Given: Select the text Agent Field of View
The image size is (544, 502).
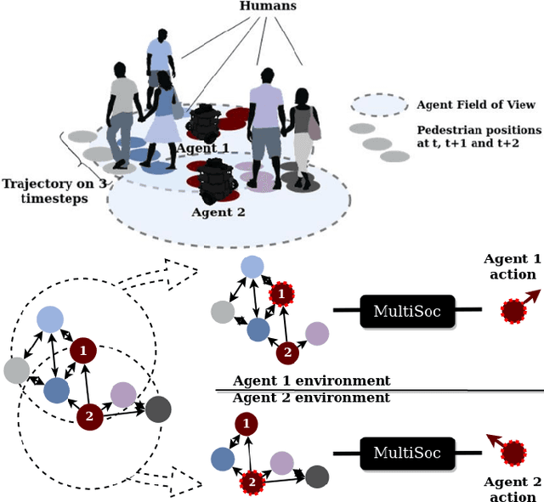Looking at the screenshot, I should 476,104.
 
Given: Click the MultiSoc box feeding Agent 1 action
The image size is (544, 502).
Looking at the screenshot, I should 408,311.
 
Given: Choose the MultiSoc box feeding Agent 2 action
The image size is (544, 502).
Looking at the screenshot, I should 408,452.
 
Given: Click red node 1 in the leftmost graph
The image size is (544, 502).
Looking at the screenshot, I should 82,350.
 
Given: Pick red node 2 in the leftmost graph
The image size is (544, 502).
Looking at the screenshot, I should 88,416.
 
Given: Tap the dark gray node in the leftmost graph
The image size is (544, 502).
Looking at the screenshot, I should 157,409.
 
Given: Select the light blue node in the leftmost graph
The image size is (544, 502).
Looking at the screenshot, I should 49,319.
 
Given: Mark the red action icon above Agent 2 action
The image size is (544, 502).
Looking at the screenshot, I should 513,453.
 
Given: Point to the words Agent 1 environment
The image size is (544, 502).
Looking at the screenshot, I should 311,381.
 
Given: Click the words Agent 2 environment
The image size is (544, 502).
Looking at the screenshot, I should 311,398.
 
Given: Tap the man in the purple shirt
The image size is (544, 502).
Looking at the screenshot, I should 266,127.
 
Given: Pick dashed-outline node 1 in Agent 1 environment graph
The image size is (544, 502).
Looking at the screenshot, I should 281,296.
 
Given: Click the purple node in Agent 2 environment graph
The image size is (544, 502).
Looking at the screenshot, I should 281,462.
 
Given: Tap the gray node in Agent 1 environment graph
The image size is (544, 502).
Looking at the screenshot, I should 223,313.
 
